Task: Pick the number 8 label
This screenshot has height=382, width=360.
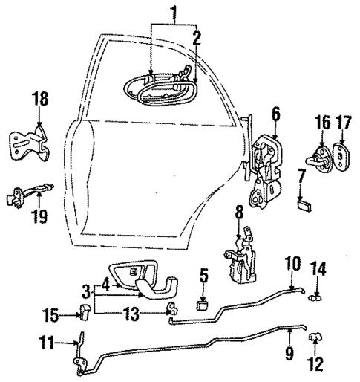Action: [x=239, y=213]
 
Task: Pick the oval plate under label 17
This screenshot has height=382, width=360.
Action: [x=342, y=155]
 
